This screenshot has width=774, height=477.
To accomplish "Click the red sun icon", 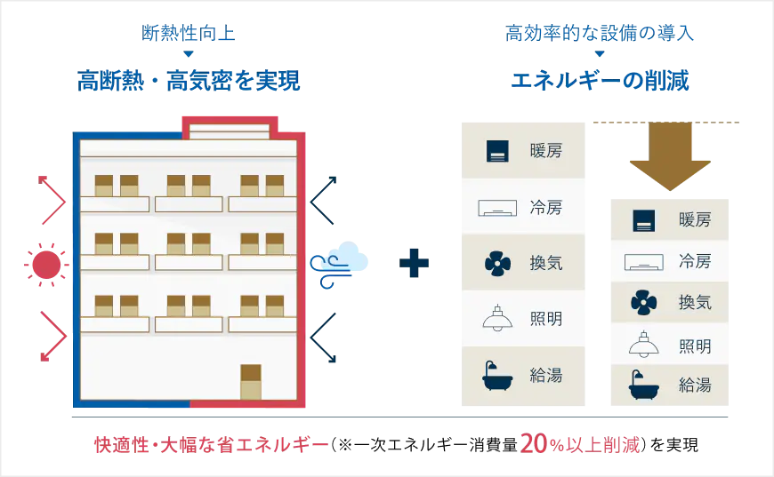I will click(x=47, y=265).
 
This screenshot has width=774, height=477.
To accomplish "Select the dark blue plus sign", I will click(x=414, y=263).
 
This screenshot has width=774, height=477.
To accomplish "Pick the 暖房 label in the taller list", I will click(x=545, y=151).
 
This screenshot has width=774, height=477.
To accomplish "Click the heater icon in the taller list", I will click(x=497, y=151).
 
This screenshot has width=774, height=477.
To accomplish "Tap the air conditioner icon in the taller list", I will click(x=497, y=209).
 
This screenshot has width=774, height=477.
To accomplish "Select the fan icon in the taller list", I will click(x=497, y=263).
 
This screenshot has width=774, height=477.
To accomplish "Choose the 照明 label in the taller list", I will click(x=545, y=318).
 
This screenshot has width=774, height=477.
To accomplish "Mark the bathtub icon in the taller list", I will click(x=497, y=376).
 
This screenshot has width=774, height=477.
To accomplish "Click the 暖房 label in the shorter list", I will click(x=695, y=219).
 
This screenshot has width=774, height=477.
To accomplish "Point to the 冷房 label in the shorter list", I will click(x=695, y=261).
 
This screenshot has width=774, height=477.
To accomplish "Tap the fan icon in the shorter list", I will click(x=643, y=302).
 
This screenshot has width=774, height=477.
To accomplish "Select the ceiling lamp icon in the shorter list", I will click(x=643, y=344).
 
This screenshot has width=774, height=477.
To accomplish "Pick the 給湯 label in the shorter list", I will click(x=695, y=386).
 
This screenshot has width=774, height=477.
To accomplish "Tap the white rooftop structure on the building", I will click(x=230, y=131).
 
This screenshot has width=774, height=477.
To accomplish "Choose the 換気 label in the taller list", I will click(x=545, y=263).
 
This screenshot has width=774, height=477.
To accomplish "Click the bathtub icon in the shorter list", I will click(x=643, y=386).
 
